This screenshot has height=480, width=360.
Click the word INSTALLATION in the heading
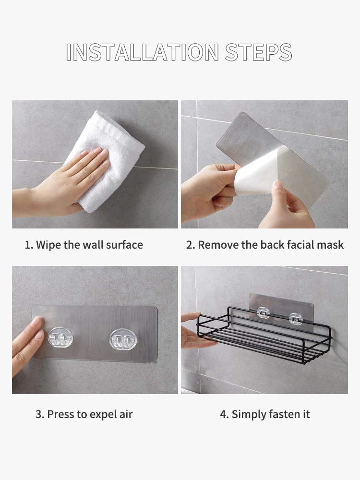(x=143, y=52)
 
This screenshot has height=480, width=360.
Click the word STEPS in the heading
(x=259, y=52)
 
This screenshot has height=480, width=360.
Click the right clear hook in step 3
(x=122, y=339)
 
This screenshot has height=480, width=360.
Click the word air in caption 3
(x=127, y=415)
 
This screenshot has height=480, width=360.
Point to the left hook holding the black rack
(x=263, y=312)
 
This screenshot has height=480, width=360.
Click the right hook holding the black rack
(x=295, y=319)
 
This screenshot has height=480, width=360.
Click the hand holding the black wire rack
(x=196, y=332)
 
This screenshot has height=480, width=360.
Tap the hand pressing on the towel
(x=61, y=184)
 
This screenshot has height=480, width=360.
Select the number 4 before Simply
(x=224, y=415)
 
